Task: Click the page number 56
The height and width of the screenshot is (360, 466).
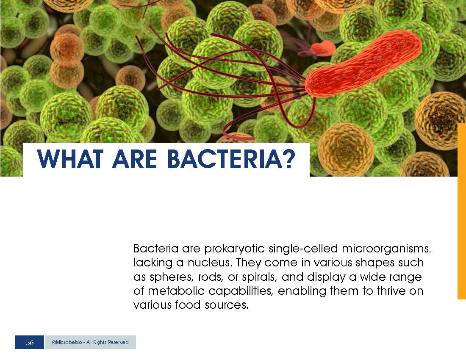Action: click(30, 342)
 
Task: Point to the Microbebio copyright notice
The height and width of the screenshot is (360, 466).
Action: click(90, 342)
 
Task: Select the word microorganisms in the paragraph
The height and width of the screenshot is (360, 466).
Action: click(386, 248)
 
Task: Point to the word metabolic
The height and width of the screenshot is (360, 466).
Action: click(176, 291)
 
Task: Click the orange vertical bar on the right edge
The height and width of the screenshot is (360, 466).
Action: click(461, 211)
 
